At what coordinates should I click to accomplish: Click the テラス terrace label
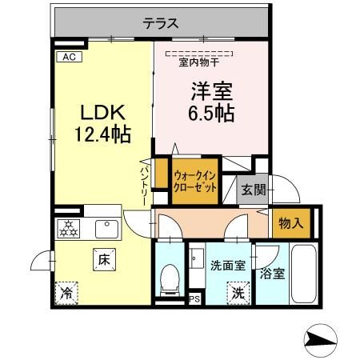click(x=160, y=23)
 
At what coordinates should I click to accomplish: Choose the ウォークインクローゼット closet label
click(x=195, y=185)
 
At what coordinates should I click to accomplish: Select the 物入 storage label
click(x=291, y=222)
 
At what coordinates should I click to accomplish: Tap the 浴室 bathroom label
click(x=271, y=273)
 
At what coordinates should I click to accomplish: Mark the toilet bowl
click(x=169, y=278)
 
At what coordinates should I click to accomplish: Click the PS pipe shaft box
click(x=194, y=300)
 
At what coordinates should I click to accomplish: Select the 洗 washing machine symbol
click(x=238, y=293)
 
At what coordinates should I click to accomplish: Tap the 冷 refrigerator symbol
click(x=67, y=293)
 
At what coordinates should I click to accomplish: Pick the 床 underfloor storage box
click(x=104, y=259)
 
